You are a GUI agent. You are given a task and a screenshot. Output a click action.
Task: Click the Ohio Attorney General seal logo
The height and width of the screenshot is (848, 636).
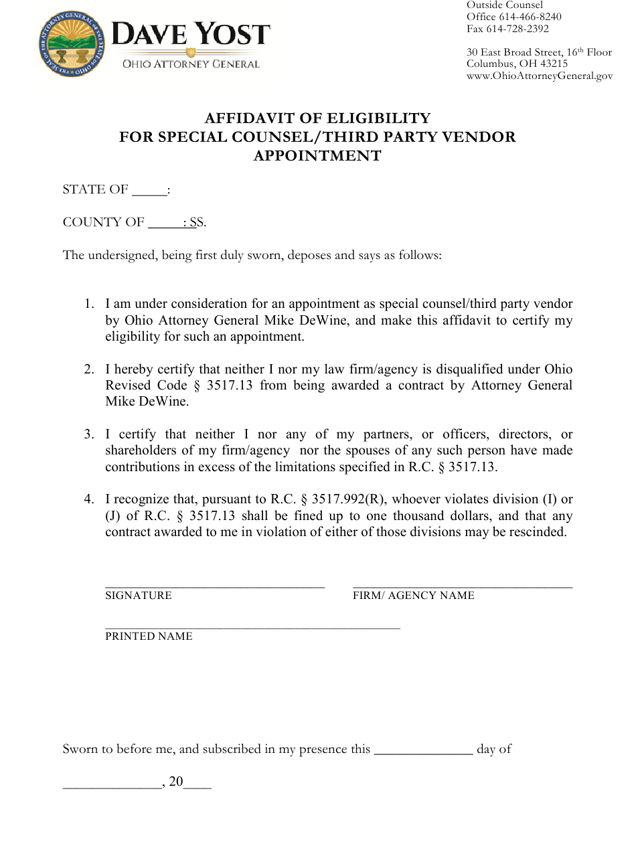tap(72, 44)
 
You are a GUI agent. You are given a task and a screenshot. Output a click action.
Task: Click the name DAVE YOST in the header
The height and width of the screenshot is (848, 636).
tap(191, 35)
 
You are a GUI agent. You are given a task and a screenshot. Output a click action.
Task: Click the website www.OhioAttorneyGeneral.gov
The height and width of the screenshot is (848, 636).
tap(539, 76)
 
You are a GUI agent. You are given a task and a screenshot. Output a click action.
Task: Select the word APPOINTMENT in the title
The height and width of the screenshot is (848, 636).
tap(317, 156)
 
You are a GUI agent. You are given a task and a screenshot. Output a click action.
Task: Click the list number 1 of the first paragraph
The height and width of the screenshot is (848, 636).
tap(88, 304)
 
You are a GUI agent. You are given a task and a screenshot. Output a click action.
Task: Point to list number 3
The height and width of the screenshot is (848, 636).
tap(88, 434)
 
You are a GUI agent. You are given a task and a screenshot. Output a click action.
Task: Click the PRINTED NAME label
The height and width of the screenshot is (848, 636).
tap(149, 637)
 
